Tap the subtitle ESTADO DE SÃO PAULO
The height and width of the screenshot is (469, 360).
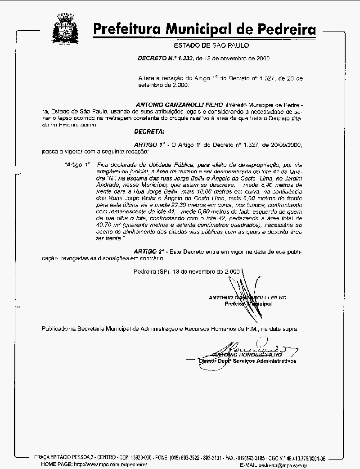coord(211,45)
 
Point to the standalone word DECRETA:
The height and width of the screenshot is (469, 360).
coord(149,131)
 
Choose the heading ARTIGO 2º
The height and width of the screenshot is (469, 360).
coord(150,250)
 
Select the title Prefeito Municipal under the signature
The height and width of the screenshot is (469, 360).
coord(248,304)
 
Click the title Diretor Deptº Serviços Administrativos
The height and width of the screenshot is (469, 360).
coord(247,361)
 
